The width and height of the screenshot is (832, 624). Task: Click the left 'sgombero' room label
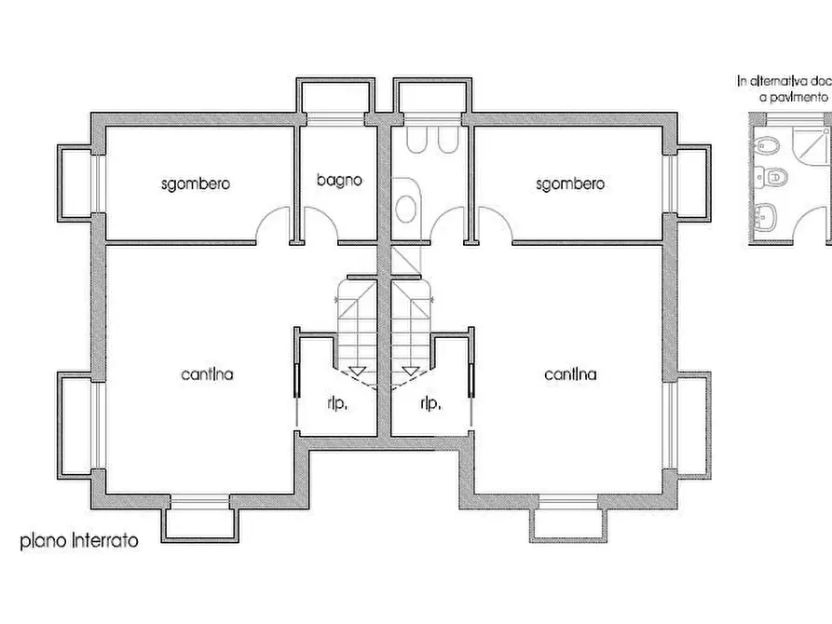(195, 183)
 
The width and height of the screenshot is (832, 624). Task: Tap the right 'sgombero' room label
(569, 183)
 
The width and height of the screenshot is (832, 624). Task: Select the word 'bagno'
(337, 180)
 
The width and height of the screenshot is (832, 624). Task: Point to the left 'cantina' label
(207, 374)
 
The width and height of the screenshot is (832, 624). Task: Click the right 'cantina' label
(570, 374)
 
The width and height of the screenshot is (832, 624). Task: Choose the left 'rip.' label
(337, 403)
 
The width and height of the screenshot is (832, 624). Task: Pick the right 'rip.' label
(430, 403)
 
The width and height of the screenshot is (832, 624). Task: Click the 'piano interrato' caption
(79, 540)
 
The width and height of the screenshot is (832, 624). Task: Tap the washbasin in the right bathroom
(406, 209)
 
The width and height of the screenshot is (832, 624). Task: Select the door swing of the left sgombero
(274, 225)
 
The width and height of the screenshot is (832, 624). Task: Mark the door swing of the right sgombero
(495, 225)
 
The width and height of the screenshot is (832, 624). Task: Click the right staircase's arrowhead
(409, 371)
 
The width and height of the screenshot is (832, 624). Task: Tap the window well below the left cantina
(199, 520)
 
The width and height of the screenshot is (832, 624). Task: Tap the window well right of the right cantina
(691, 425)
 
